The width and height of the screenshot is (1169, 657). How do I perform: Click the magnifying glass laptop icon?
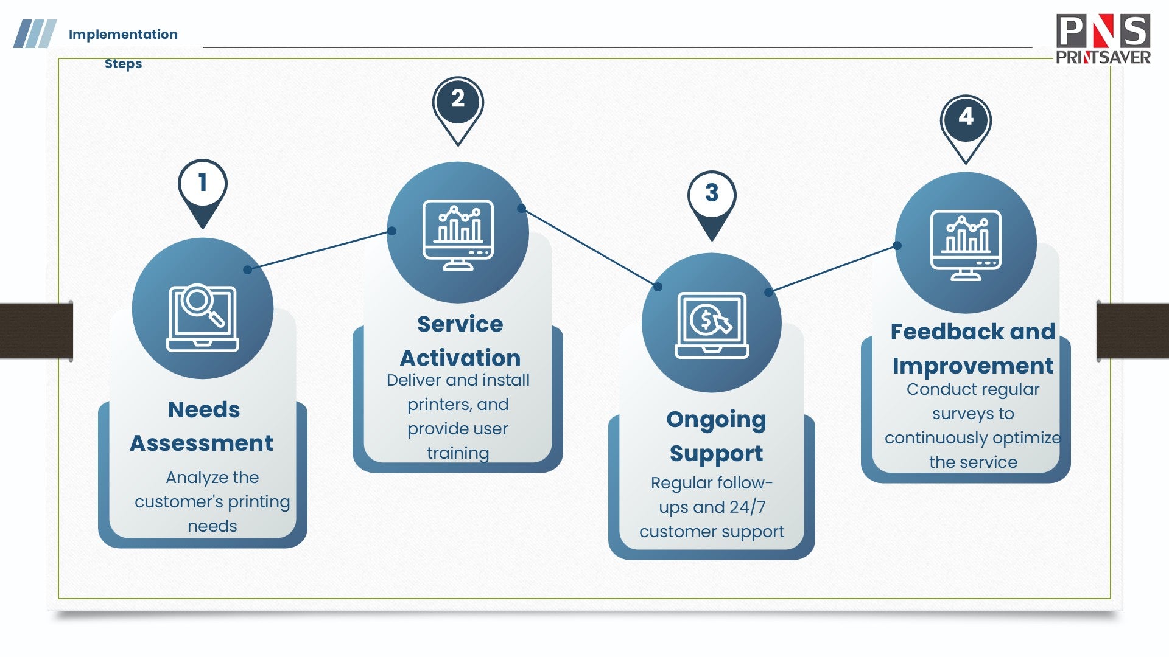pos(203,318)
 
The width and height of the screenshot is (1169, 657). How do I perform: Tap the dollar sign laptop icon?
pos(712,325)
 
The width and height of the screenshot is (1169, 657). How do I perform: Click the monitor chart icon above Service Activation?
pos(458,234)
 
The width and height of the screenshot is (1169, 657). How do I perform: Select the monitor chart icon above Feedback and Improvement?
pos(966,245)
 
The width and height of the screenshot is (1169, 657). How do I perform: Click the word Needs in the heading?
pos(204,410)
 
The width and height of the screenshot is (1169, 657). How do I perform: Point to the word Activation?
pos(460,358)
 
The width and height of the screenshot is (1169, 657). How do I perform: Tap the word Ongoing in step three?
pos(716,420)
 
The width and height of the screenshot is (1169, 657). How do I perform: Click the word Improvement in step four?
pos(973,366)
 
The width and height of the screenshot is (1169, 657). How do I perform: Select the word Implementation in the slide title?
pos(123,35)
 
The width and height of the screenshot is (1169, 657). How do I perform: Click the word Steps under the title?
pos(123,64)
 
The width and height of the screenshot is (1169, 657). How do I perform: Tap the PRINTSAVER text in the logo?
pos(1103,58)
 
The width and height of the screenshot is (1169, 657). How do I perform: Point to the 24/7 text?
pos(748,507)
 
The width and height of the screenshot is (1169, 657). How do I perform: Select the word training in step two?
pos(458,453)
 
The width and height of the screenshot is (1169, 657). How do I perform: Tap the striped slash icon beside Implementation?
pos(35,34)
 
